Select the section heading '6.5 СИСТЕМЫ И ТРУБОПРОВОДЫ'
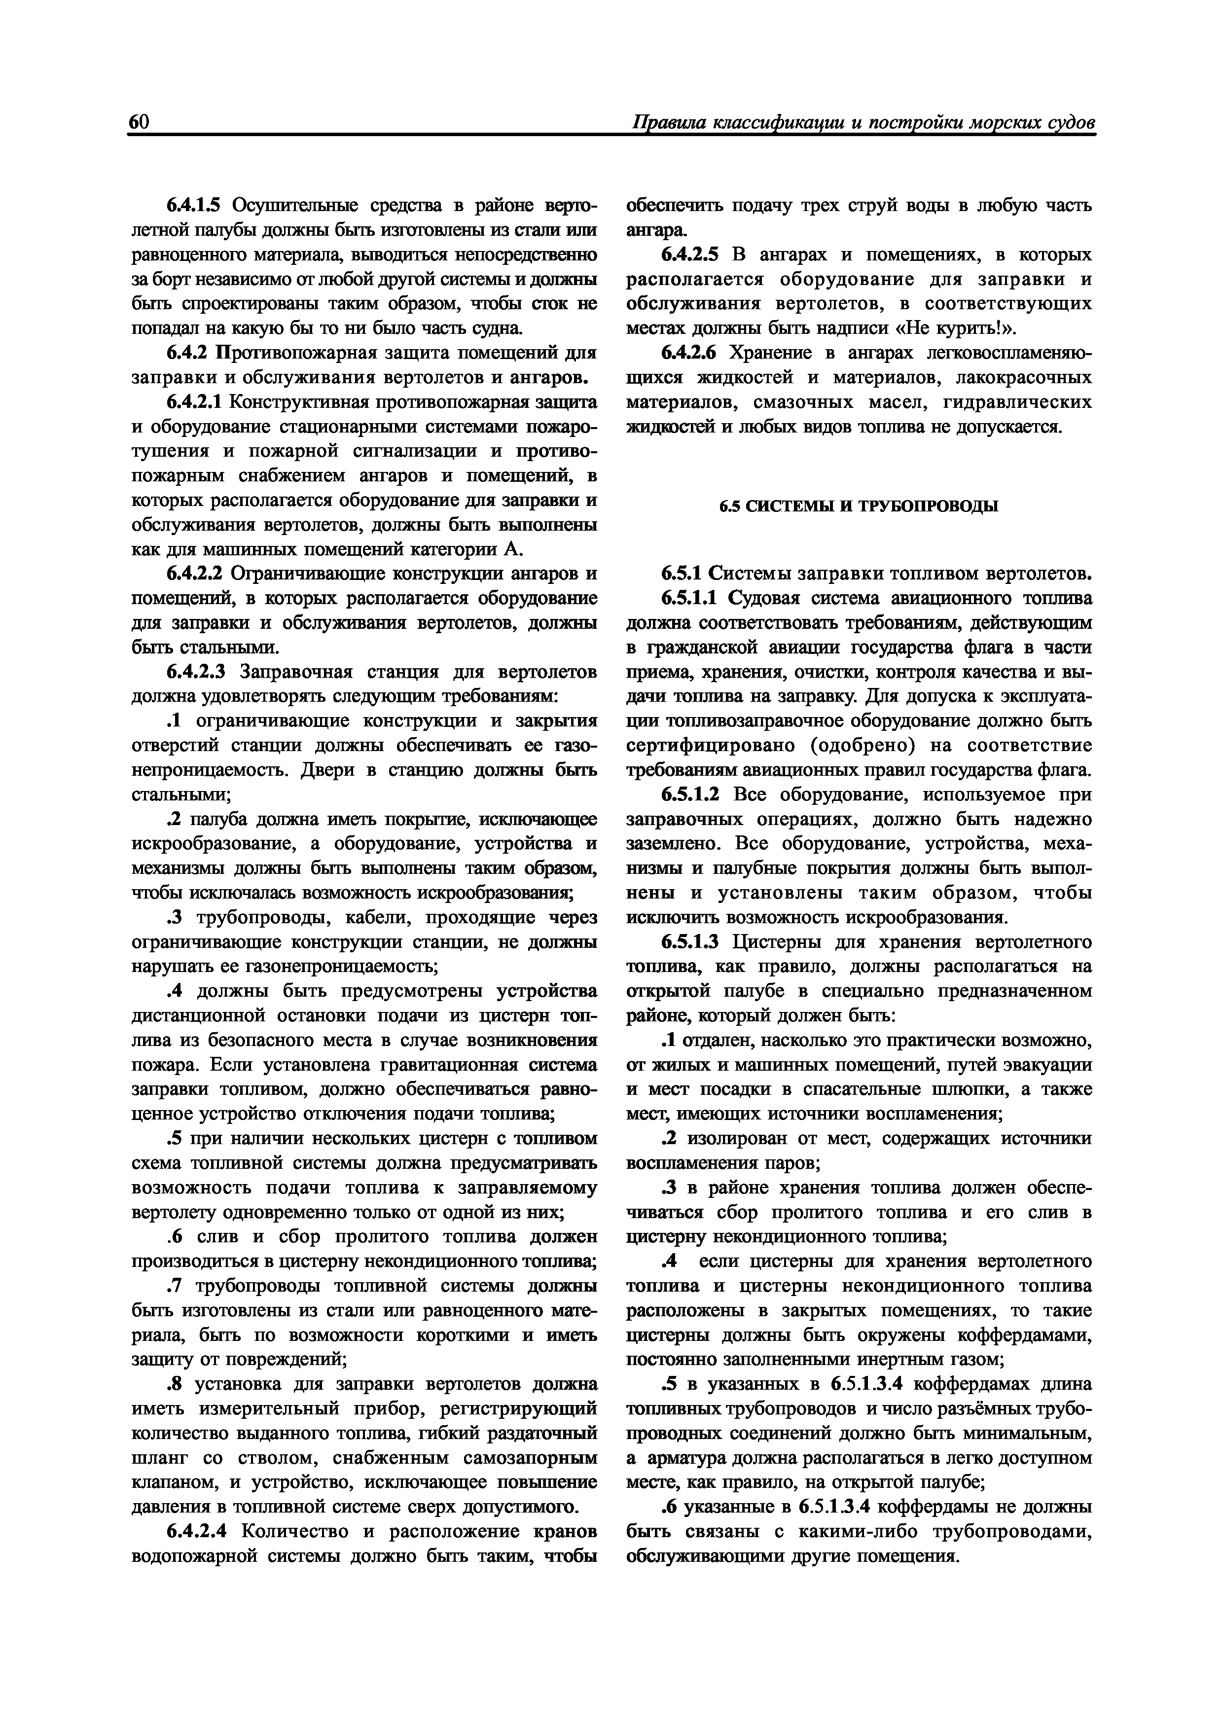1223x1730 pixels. tap(858, 506)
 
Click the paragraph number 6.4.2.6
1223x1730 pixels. tap(689, 353)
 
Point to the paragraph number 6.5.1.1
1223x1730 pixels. tap(689, 598)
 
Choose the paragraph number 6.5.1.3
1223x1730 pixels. tap(689, 942)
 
